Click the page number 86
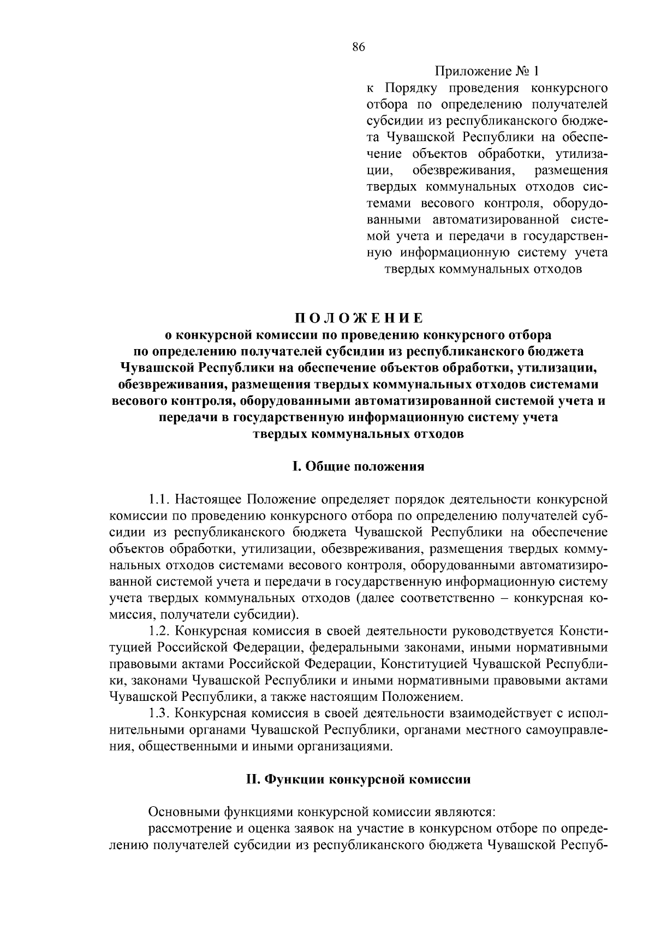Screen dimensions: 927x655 (358, 47)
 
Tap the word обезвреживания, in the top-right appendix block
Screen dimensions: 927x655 (464, 170)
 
